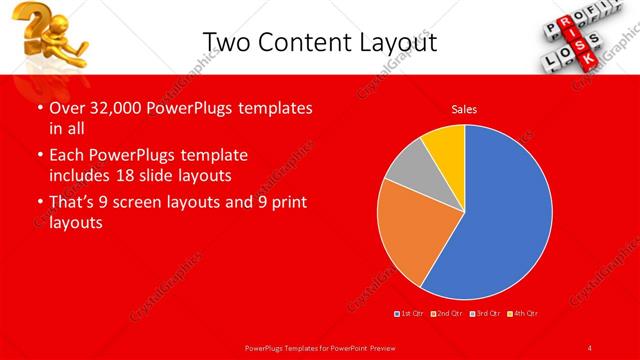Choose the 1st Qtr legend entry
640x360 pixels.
pos(409,314)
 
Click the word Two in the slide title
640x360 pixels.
pos(223,41)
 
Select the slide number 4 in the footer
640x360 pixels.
pos(590,347)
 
